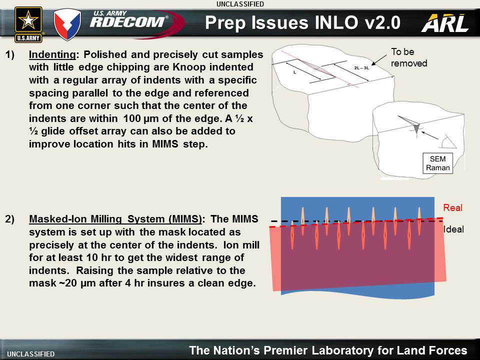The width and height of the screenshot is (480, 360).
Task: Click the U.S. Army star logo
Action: pos(28,24)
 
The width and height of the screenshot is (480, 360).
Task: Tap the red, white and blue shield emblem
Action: pos(67,24)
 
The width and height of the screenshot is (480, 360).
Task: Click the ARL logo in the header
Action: pos(445,23)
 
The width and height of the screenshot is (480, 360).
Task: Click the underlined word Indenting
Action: pos(52,55)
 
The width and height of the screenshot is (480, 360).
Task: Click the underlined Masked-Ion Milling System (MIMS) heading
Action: pos(115,219)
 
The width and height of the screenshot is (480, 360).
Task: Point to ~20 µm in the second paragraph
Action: pos(76,283)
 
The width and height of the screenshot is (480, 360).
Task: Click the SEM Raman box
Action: pos(437,163)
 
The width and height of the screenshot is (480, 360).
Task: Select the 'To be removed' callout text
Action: pos(408,57)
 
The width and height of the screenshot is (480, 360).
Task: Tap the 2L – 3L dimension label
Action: pos(361,68)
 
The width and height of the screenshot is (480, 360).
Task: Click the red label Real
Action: pos(453,208)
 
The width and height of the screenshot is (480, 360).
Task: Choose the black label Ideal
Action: pos(453,229)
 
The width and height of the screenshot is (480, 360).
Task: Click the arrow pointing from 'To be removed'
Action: pos(379,60)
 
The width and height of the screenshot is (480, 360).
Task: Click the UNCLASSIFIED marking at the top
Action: pos(240,4)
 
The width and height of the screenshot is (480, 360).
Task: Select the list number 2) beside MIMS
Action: pos(9,219)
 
